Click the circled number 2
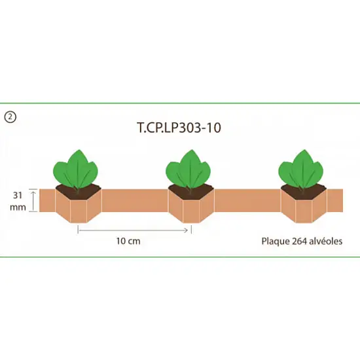click(x=10, y=117)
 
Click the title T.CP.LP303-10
click(x=179, y=128)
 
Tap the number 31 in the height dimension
click(x=18, y=196)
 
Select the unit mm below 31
click(x=18, y=207)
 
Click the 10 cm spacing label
click(x=128, y=241)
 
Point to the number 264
click(x=299, y=242)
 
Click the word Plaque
click(x=276, y=242)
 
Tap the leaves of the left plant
click(x=75, y=170)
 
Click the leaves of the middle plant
click(x=189, y=170)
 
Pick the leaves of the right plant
click(x=301, y=170)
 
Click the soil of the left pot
click(x=79, y=192)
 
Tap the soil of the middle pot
click(x=191, y=192)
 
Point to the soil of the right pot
click(x=304, y=192)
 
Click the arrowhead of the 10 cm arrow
click(x=186, y=230)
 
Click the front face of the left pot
click(x=79, y=211)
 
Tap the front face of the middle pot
click(x=191, y=211)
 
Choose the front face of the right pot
click(x=304, y=211)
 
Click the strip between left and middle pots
click(x=135, y=200)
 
